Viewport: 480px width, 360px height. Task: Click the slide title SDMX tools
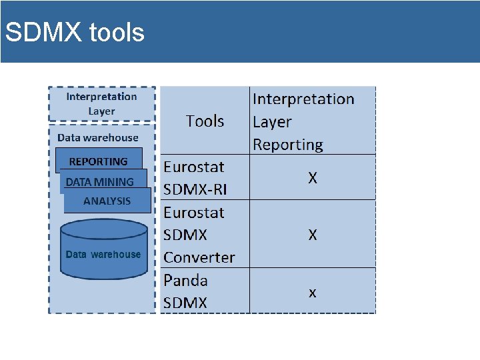[74, 32]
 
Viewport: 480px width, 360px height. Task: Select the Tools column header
[205, 121]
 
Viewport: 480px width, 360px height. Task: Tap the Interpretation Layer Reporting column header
[303, 121]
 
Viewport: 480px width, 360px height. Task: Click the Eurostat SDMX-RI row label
[195, 178]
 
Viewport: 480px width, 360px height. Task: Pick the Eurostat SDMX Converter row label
[199, 235]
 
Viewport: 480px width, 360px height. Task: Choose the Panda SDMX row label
[185, 291]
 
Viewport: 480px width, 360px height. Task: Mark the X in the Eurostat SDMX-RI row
[312, 178]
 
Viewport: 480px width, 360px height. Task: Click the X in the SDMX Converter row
[312, 235]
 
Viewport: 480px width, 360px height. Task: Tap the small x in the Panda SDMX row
[312, 292]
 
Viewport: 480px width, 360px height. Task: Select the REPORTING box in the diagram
[99, 161]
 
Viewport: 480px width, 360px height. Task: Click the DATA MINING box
[100, 181]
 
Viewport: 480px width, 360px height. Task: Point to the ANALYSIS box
[107, 201]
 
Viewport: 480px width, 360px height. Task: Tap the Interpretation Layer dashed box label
[101, 104]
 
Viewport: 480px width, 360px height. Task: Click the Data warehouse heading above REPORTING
[98, 138]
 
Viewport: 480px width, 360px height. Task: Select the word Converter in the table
[199, 257]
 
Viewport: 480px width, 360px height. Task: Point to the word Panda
[185, 280]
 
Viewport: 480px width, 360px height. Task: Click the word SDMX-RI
[195, 189]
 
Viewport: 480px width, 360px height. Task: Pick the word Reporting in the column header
[287, 144]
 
